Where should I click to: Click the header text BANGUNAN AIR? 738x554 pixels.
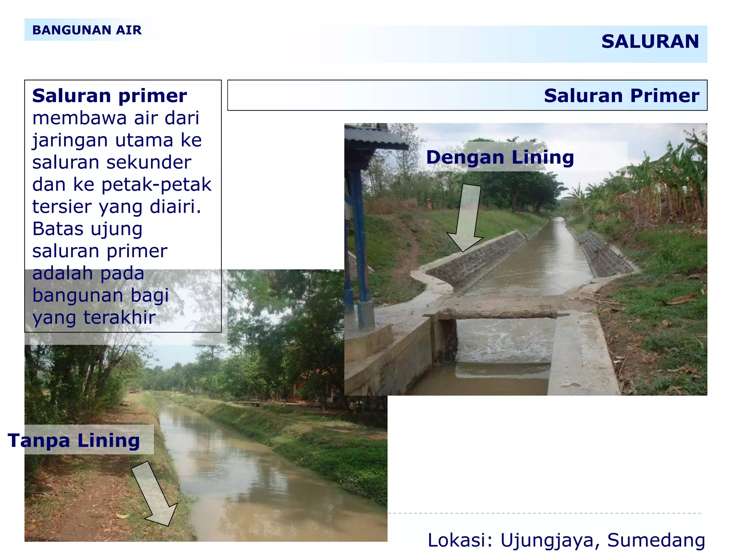click(87, 30)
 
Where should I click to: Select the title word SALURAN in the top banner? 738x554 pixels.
click(650, 41)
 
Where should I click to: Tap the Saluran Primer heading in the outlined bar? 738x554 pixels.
click(621, 96)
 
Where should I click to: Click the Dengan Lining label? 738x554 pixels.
click(500, 158)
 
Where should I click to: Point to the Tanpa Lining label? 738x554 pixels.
click(74, 440)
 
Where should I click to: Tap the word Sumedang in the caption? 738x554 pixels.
click(656, 540)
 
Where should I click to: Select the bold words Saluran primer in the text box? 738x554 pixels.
click(110, 96)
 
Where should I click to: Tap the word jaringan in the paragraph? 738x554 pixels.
click(70, 141)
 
